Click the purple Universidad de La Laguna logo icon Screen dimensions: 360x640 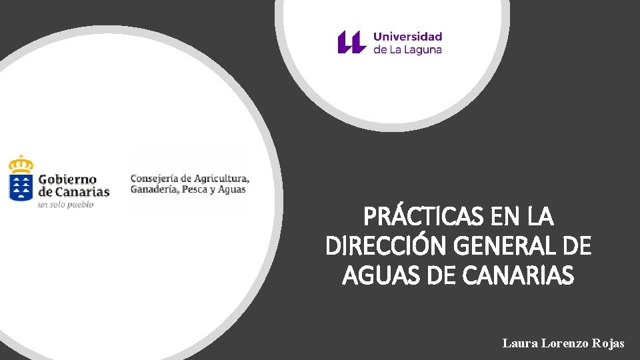coord(351,42)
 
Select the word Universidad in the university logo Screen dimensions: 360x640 coord(407,36)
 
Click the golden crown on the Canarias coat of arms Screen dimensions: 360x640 coord(21,163)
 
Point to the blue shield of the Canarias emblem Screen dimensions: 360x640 coord(21,187)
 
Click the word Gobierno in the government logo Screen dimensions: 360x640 coord(67,179)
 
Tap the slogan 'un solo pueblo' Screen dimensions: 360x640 coord(65,205)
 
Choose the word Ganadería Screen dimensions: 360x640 coord(153,189)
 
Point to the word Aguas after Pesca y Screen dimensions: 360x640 coord(232,190)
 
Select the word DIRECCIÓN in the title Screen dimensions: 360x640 coord(386,247)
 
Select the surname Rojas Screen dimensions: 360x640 coord(609,343)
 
